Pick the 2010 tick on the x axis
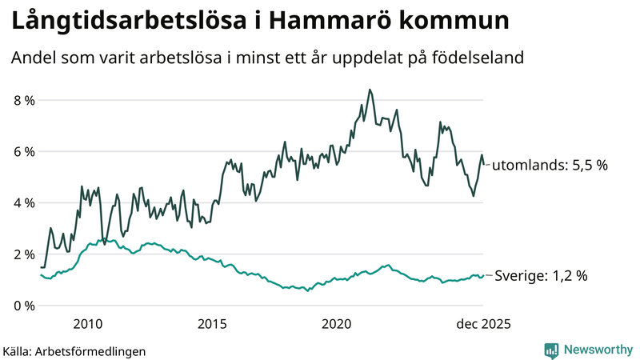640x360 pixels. pos(88,324)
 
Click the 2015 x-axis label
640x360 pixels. pos(212,324)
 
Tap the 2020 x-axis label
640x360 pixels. pos(337,324)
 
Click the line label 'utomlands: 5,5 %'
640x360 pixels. pos(550,166)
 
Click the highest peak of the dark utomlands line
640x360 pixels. pos(369,90)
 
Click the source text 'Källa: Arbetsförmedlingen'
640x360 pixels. pos(74,350)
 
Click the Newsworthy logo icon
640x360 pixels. pos(551,350)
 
